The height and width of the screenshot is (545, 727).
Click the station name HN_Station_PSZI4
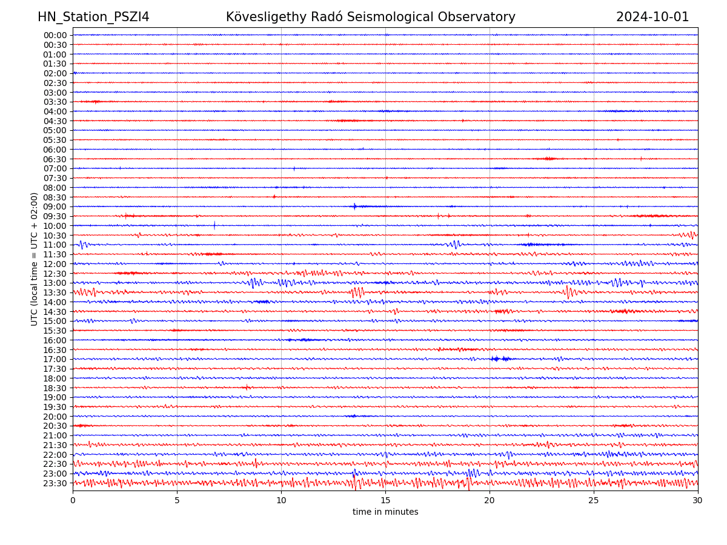coord(93,17)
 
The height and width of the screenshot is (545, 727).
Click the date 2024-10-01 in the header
coord(652,17)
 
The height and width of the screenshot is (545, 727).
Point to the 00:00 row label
coord(55,35)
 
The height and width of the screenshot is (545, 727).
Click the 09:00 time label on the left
coord(55,206)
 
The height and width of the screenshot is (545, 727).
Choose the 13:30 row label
coord(55,292)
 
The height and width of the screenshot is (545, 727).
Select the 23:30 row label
coord(55,483)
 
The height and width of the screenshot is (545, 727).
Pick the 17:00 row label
coord(55,359)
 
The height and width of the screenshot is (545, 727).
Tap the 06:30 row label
coord(55,159)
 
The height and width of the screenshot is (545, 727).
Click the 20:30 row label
coord(55,426)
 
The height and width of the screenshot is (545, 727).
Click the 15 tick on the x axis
coord(385,501)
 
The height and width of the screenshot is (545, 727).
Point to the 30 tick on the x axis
coord(698,501)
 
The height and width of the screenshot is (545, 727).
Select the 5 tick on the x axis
coord(177,501)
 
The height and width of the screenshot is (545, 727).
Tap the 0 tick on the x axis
coord(73,501)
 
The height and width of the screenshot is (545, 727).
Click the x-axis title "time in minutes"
coord(385,512)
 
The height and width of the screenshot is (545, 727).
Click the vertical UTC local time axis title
coord(35,259)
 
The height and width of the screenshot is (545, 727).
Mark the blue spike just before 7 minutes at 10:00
coord(214,225)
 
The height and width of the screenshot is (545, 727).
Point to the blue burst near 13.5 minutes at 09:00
coord(355,206)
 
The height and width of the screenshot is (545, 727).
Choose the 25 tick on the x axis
coord(594,501)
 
